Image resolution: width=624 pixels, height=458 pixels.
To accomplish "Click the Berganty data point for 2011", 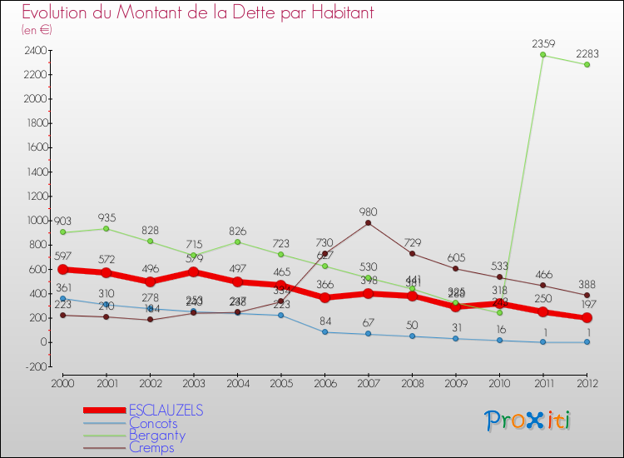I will click(x=542, y=55).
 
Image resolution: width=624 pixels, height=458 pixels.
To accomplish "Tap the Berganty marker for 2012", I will click(x=587, y=64).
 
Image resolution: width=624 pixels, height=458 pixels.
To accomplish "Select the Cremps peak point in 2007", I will click(x=368, y=222).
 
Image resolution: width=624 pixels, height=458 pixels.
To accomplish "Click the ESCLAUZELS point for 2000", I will click(x=62, y=269).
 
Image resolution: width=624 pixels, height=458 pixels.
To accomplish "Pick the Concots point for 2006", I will click(x=324, y=332).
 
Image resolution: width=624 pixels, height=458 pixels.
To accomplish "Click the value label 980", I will click(x=368, y=212).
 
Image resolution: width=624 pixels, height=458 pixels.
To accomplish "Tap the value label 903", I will click(x=62, y=221).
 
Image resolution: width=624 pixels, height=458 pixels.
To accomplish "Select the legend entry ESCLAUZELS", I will click(x=166, y=411).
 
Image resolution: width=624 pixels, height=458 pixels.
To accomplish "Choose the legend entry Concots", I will click(x=153, y=423).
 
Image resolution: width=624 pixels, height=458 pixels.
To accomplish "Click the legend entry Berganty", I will click(x=156, y=436).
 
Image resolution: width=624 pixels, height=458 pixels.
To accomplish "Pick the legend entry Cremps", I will click(x=151, y=448).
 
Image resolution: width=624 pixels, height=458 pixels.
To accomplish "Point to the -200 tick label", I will click(x=34, y=366).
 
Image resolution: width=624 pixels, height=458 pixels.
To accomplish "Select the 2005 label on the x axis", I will click(x=280, y=384).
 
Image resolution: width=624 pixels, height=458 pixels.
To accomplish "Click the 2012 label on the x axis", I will click(x=587, y=384).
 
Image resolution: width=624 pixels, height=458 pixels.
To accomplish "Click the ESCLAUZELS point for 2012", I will click(x=587, y=318).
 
